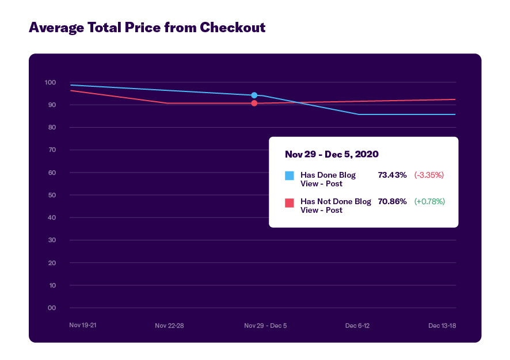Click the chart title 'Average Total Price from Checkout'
click(x=147, y=27)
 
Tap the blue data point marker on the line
click(x=254, y=95)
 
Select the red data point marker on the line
click(x=254, y=104)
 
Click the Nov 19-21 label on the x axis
click(x=83, y=325)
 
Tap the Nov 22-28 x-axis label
click(x=169, y=325)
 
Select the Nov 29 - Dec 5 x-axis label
click(x=265, y=325)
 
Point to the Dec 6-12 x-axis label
click(x=357, y=325)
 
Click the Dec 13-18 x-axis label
click(x=442, y=325)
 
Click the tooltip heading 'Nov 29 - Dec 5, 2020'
click(x=332, y=154)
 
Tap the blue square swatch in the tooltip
click(x=290, y=175)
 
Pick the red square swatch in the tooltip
click(x=290, y=202)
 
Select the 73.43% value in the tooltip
click(x=392, y=175)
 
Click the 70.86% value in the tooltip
click(x=392, y=201)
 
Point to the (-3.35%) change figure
click(x=429, y=175)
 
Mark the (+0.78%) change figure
click(x=429, y=201)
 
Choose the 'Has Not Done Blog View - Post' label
click(x=336, y=205)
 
